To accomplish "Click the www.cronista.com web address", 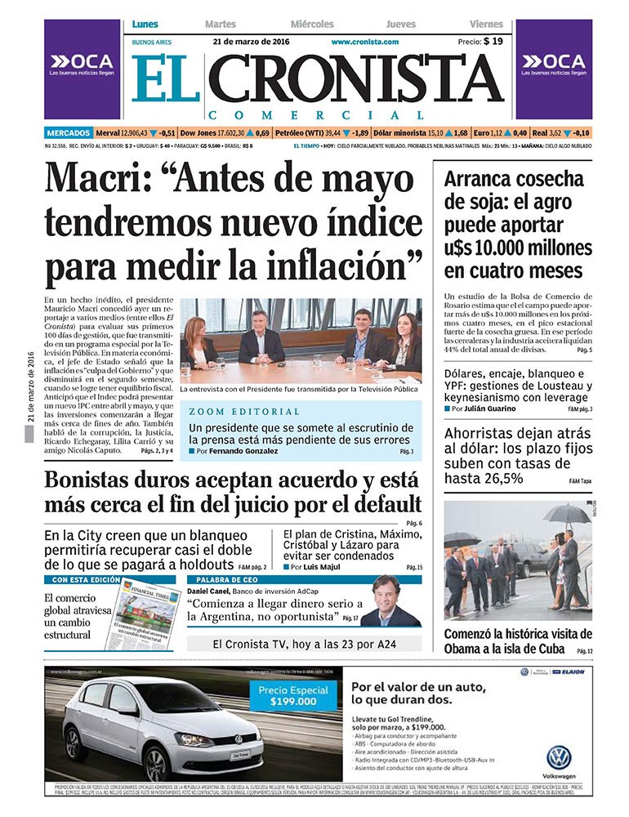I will pos(364,42).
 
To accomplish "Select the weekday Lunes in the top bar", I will pos(145,25).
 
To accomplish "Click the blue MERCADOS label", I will pos(69,132).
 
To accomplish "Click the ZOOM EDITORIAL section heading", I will pos(232,411).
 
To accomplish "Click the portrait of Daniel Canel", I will pos(390,602).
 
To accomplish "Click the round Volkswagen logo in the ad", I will pos(559,757).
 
